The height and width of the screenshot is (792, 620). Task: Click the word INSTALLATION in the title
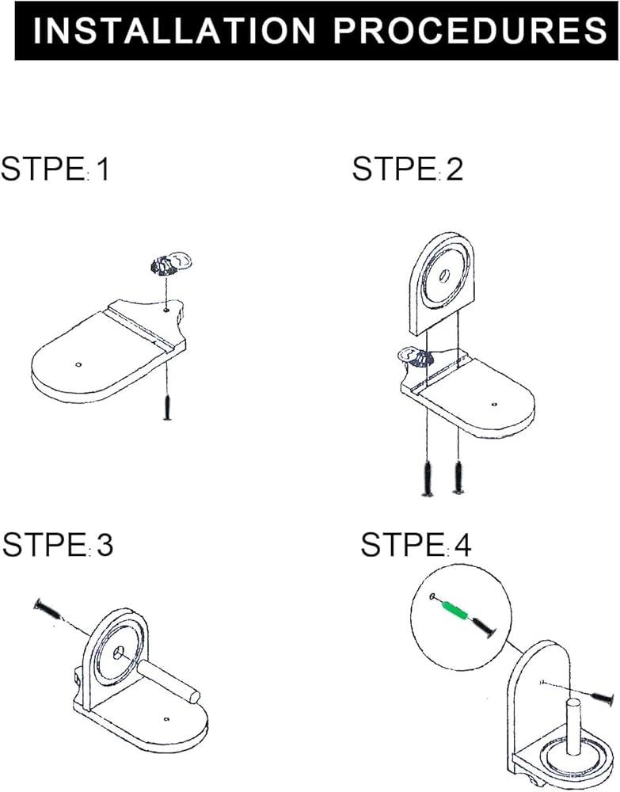[173, 30]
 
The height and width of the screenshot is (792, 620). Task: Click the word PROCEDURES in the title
[470, 30]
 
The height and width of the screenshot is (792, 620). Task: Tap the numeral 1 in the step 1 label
[103, 169]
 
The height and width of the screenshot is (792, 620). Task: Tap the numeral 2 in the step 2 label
[455, 169]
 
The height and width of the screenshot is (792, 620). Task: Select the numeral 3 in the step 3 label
[105, 545]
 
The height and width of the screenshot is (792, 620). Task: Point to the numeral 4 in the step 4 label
[462, 545]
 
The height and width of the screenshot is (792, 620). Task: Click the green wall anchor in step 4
[455, 610]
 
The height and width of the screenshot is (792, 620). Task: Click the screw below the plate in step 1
[168, 407]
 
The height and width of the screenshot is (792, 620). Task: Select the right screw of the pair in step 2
[458, 477]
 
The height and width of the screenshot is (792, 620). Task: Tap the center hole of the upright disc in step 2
[445, 276]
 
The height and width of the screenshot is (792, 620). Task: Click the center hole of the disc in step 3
[120, 652]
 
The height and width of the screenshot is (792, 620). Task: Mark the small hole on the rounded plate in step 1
[78, 364]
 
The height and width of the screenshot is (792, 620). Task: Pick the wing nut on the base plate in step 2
[414, 356]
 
